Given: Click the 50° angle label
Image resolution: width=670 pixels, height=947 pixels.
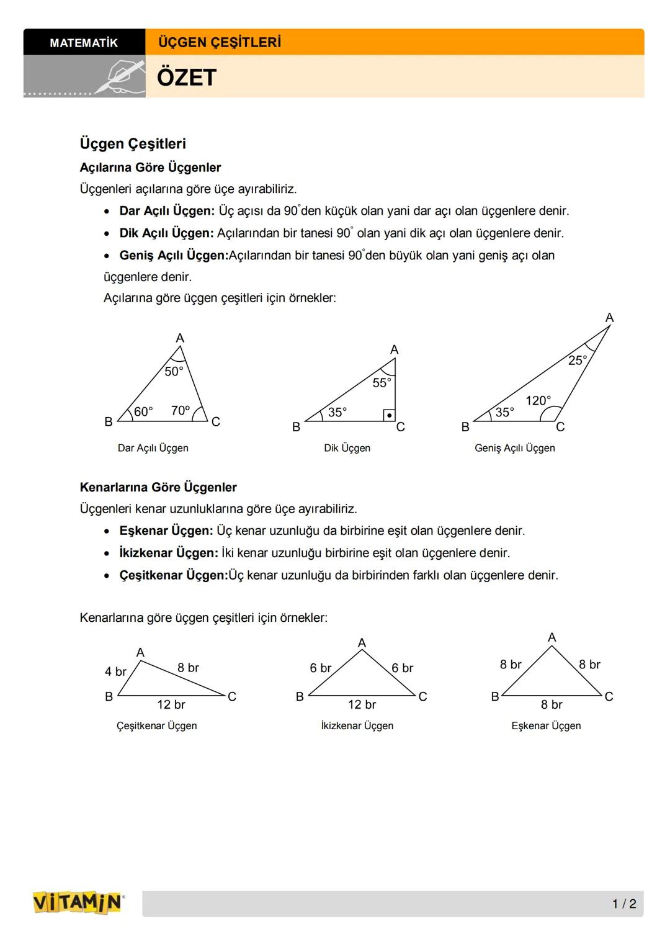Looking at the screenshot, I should (x=174, y=371).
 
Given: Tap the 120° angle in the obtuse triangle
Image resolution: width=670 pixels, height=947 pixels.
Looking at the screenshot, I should (x=538, y=401).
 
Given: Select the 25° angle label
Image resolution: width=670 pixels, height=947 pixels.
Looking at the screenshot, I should (x=578, y=360).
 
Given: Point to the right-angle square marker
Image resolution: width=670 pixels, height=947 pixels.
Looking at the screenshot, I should (x=389, y=415).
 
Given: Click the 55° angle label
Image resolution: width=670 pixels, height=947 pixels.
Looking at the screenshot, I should (x=382, y=383).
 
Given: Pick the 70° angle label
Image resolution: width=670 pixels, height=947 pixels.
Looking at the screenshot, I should (x=180, y=411).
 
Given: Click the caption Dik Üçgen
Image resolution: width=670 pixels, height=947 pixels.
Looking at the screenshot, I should (x=347, y=448).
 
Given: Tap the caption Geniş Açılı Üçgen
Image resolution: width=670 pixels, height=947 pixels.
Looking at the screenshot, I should (x=514, y=448).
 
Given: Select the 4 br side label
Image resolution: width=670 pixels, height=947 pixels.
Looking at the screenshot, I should (x=115, y=671).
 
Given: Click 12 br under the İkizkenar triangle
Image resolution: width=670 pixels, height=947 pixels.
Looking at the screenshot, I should (x=362, y=704).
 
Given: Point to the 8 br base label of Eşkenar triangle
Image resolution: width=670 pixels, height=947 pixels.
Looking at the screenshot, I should (x=552, y=704).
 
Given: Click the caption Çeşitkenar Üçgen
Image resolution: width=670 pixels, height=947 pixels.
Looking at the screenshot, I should (x=156, y=725).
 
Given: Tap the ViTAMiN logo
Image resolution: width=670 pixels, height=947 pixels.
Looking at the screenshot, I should (x=78, y=902).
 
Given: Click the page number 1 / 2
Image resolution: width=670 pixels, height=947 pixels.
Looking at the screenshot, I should (x=624, y=904).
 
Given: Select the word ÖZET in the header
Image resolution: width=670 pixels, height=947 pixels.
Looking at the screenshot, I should (x=186, y=78).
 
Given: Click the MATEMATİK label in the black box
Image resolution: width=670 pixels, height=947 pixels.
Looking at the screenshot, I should (x=84, y=43).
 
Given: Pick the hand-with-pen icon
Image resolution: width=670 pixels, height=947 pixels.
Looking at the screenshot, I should (x=119, y=78).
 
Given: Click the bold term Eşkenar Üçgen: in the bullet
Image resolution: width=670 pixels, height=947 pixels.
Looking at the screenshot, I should (x=166, y=531).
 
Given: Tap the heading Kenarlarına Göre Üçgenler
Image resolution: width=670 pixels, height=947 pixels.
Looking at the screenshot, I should (x=158, y=488).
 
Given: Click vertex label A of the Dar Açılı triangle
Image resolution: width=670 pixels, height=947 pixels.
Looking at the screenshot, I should (x=180, y=338).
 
